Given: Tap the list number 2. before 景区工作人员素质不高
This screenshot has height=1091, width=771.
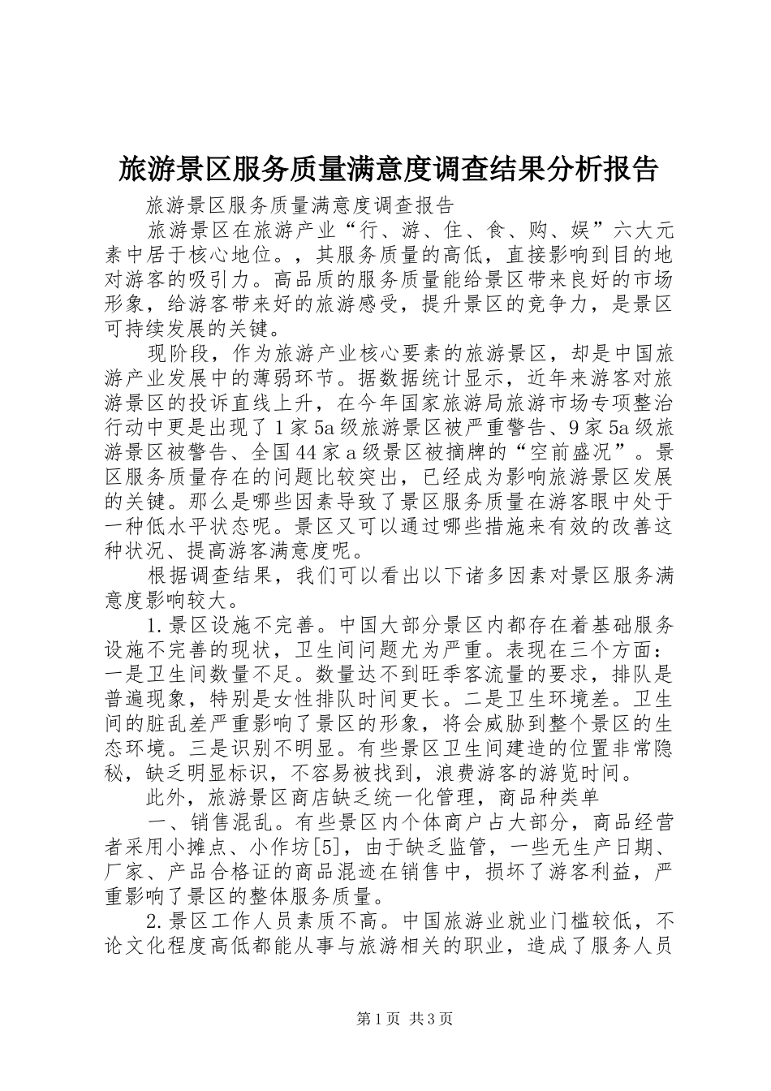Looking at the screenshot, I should click(157, 922).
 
